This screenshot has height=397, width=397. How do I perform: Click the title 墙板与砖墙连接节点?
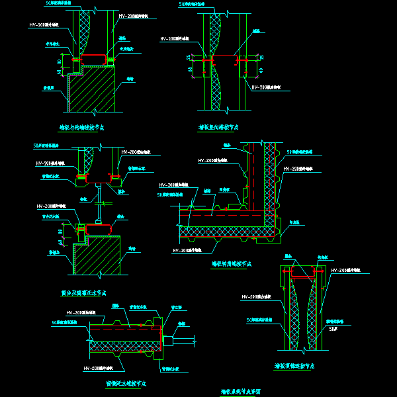click(x=81, y=126)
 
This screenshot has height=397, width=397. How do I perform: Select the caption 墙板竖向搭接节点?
click(x=218, y=126)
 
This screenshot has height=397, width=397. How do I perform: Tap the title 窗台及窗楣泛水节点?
click(x=83, y=292)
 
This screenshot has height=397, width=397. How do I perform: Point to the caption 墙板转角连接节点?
click(x=231, y=263)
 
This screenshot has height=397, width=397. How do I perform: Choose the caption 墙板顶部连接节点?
click(x=294, y=365)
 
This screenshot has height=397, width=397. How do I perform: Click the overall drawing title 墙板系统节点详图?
click(x=244, y=391)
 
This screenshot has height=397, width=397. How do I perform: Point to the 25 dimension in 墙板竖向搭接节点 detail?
click(x=189, y=58)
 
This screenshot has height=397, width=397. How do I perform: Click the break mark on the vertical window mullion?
click(x=99, y=198)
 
